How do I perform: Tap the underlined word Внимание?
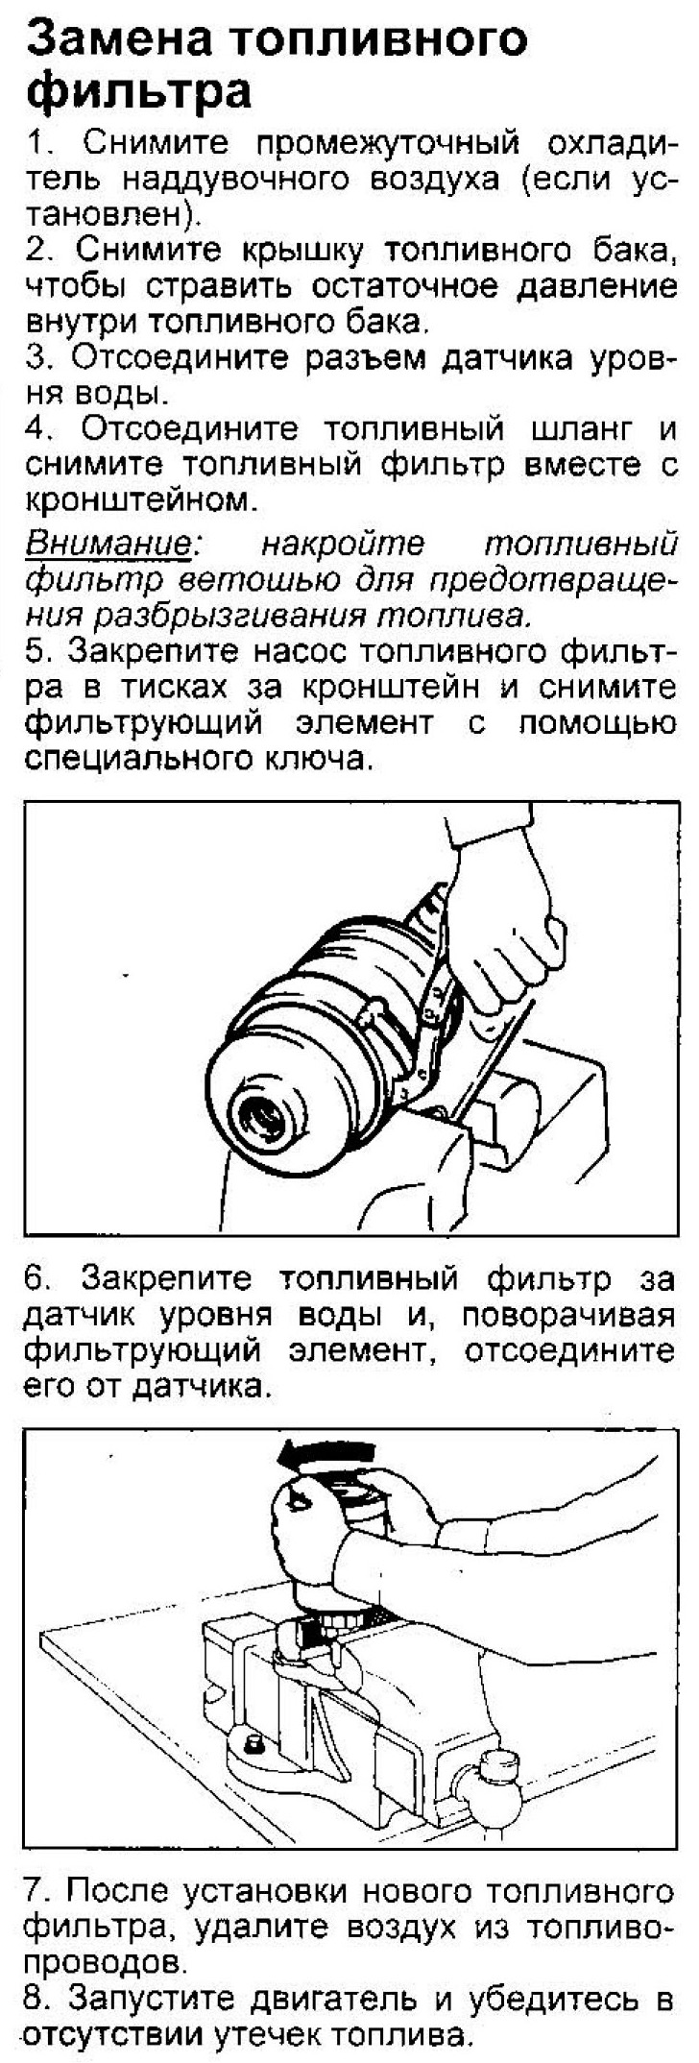pos(108,544)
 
